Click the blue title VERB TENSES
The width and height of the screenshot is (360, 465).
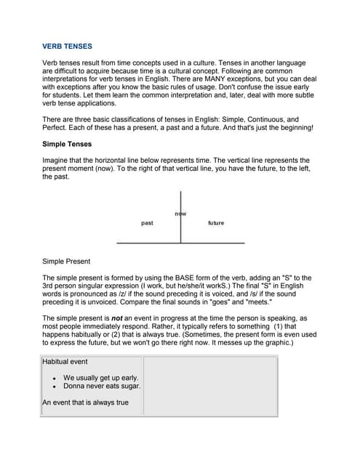tap(67, 46)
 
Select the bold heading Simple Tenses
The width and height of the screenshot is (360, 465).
tap(67, 144)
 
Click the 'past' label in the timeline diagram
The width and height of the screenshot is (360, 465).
tap(147, 223)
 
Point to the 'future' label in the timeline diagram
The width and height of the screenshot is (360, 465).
tap(216, 223)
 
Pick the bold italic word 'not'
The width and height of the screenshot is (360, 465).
tap(121, 318)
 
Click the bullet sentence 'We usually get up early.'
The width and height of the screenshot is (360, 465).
tap(100, 378)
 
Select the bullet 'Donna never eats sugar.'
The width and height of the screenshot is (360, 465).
tap(102, 386)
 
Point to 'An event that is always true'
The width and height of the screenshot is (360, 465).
tap(86, 403)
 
